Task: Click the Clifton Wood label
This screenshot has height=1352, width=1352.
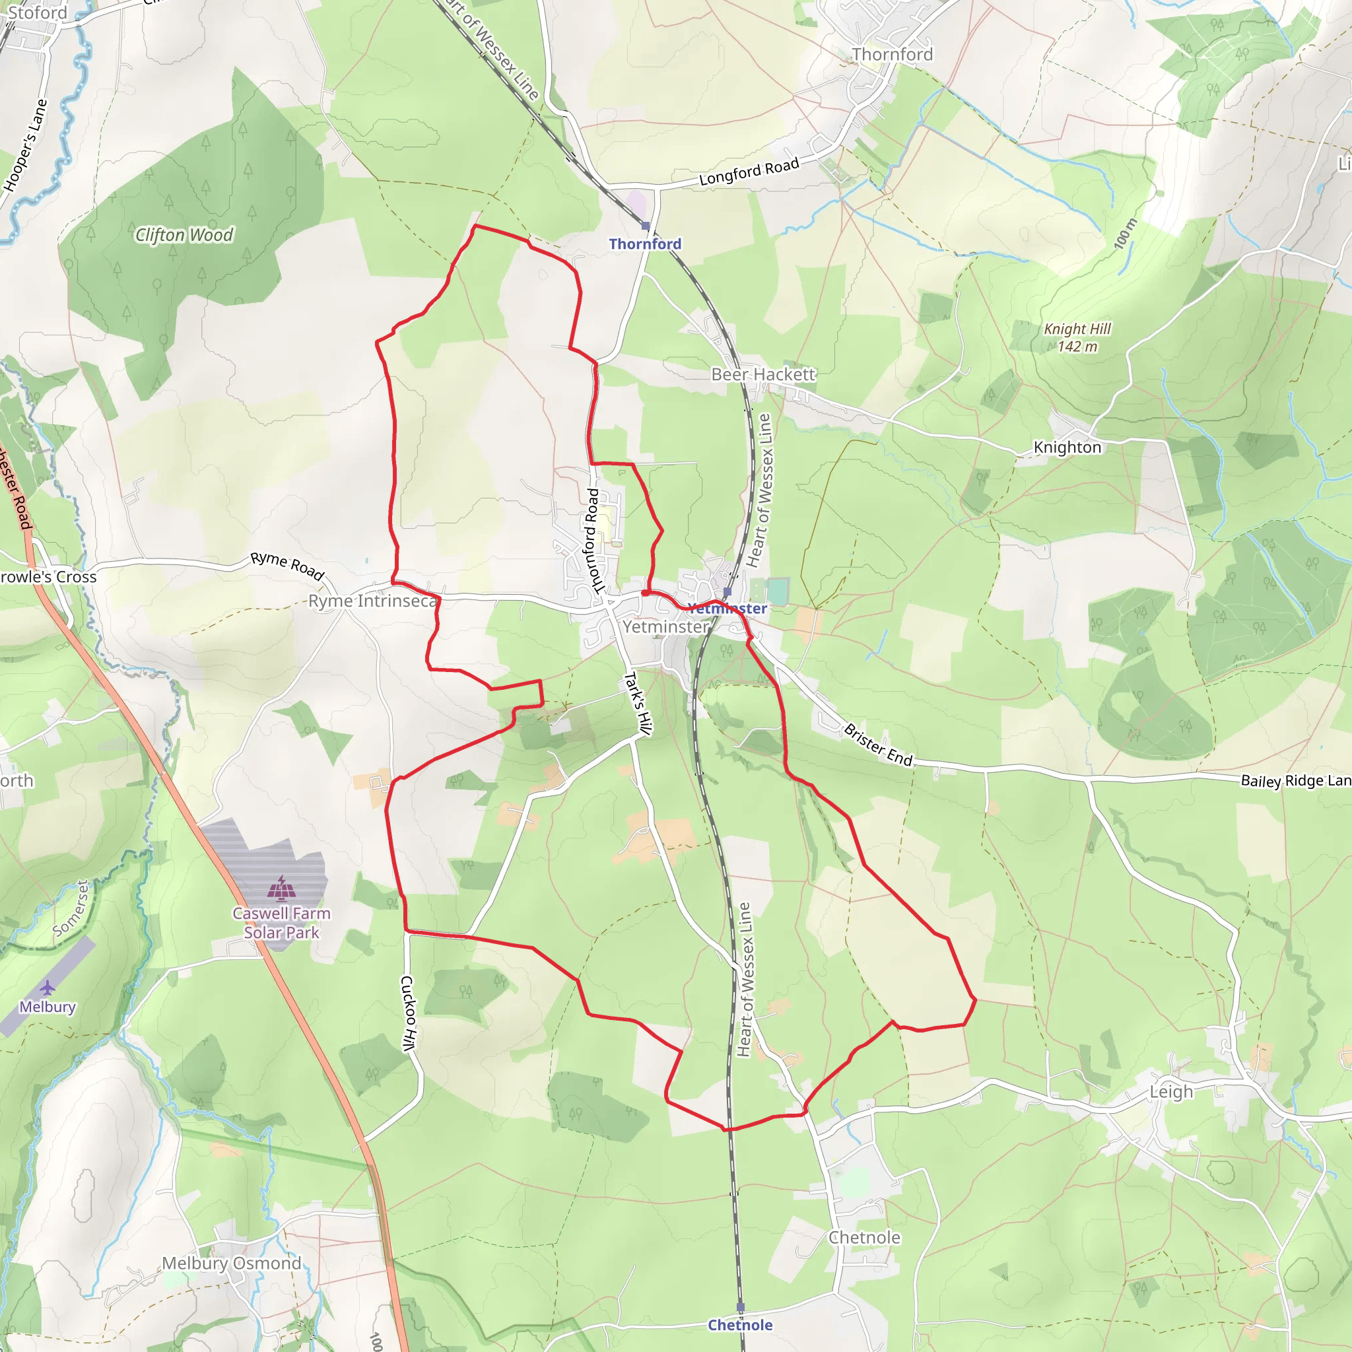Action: tap(184, 235)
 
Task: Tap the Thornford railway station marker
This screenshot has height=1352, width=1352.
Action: tap(645, 226)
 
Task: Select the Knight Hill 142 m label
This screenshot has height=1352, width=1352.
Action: tap(1077, 337)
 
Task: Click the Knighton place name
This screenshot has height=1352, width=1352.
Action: tap(1067, 447)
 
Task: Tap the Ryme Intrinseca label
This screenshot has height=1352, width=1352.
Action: tap(373, 601)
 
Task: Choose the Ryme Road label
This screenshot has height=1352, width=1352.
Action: tap(288, 566)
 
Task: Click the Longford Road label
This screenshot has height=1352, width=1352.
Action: tap(749, 172)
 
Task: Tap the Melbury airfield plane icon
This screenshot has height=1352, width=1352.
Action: tap(47, 988)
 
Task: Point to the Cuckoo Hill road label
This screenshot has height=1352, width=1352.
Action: tap(409, 1013)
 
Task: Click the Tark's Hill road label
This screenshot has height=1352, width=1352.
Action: tap(638, 703)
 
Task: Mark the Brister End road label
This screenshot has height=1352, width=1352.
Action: tap(878, 745)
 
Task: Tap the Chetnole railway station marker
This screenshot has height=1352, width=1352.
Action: tap(741, 1307)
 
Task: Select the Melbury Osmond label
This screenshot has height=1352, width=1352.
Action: tap(232, 1263)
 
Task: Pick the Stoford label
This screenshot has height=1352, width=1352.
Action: tap(36, 13)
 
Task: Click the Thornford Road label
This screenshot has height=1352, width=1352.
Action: tap(592, 541)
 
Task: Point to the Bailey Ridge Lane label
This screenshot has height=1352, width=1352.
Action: tap(1295, 780)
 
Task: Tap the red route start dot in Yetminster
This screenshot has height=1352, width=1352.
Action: tap(644, 593)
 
